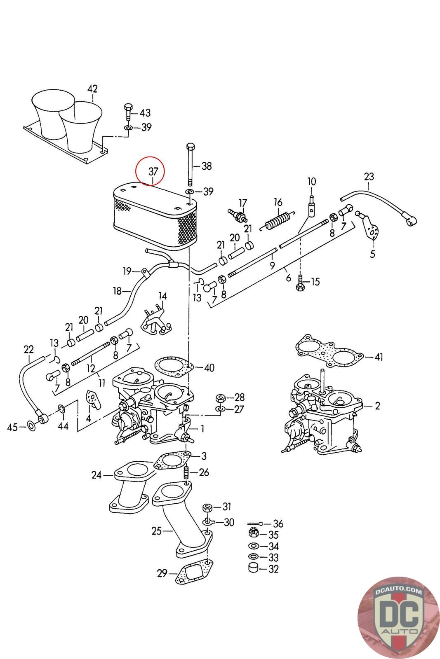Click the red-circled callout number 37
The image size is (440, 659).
click(x=153, y=171)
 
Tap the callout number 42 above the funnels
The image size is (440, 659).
click(x=92, y=89)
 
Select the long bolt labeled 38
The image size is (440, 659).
click(x=190, y=164)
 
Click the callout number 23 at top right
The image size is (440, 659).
click(x=369, y=177)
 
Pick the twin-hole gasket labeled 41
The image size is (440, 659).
click(x=329, y=351)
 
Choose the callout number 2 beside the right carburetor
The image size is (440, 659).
click(x=377, y=406)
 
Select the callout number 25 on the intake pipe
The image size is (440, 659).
click(x=157, y=531)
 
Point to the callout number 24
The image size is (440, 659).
click(x=96, y=475)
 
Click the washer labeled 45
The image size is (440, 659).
click(x=31, y=426)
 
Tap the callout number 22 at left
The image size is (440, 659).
click(x=28, y=350)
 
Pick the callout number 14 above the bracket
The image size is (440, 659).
click(x=162, y=296)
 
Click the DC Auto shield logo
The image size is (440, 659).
click(x=398, y=618)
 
